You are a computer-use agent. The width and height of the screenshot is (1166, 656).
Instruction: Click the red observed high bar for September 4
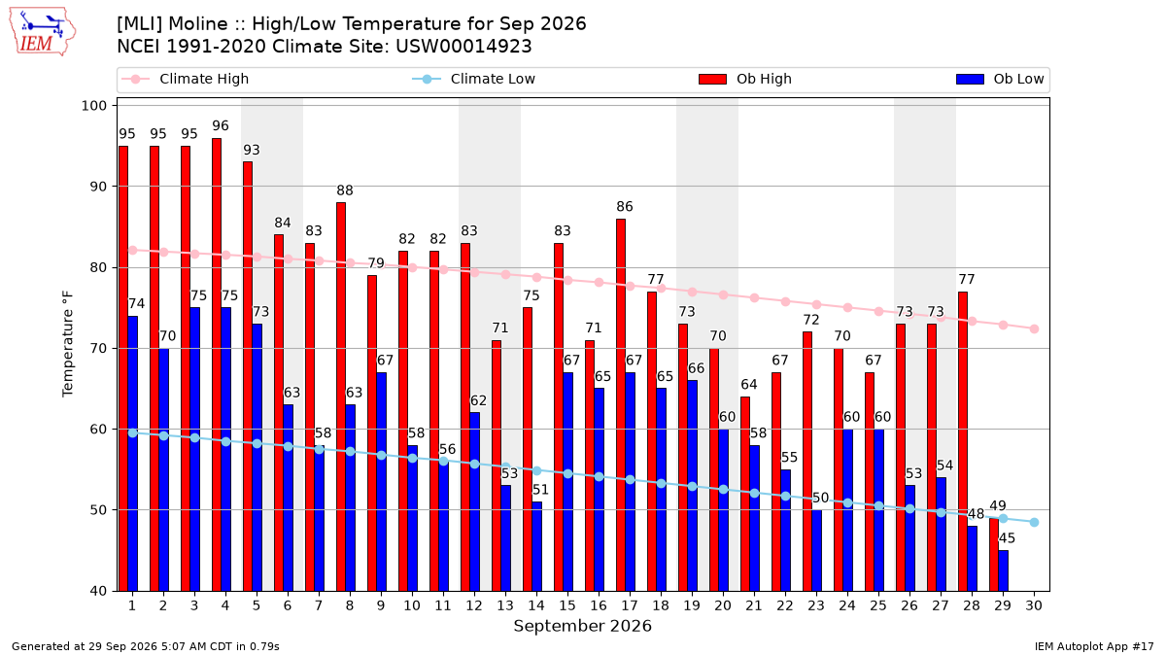click(x=217, y=364)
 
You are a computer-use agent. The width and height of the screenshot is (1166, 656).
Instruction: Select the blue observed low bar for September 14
click(x=536, y=546)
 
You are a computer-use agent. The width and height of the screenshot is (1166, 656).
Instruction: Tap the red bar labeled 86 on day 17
click(x=621, y=405)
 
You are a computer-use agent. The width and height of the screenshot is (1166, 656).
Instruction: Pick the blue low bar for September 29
click(x=1003, y=570)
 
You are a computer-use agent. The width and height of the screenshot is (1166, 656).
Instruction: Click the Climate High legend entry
click(x=185, y=79)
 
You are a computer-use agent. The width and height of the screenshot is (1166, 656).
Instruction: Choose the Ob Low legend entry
click(x=1000, y=79)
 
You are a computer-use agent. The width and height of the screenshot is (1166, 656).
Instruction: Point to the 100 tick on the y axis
click(x=93, y=106)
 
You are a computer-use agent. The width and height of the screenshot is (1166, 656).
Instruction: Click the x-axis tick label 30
click(x=1034, y=605)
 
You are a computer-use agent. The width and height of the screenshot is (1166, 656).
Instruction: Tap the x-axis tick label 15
click(x=567, y=605)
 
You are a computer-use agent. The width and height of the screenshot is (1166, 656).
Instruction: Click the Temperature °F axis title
click(x=68, y=344)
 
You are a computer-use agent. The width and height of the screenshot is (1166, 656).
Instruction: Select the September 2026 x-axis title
click(x=582, y=626)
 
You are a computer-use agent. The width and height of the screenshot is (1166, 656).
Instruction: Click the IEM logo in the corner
click(x=42, y=32)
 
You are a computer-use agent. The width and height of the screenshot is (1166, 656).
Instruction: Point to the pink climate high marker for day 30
click(x=1034, y=329)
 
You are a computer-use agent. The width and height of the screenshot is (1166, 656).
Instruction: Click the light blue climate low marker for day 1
click(x=133, y=433)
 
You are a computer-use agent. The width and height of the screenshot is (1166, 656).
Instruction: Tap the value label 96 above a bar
click(x=221, y=126)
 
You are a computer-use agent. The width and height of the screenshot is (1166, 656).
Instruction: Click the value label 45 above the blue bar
click(x=1007, y=538)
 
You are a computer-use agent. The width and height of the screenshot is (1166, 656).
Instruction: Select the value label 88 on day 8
click(x=345, y=190)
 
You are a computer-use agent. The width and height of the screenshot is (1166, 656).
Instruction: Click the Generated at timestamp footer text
click(x=145, y=646)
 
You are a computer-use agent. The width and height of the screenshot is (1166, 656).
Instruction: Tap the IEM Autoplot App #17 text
click(x=1094, y=646)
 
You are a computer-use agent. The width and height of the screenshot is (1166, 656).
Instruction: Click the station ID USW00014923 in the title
click(x=463, y=47)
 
